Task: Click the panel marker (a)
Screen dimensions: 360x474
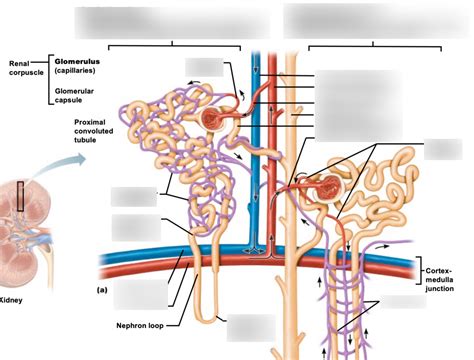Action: click(x=101, y=289)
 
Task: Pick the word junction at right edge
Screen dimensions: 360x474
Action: click(x=445, y=288)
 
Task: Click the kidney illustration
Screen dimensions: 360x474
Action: click(x=25, y=220)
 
